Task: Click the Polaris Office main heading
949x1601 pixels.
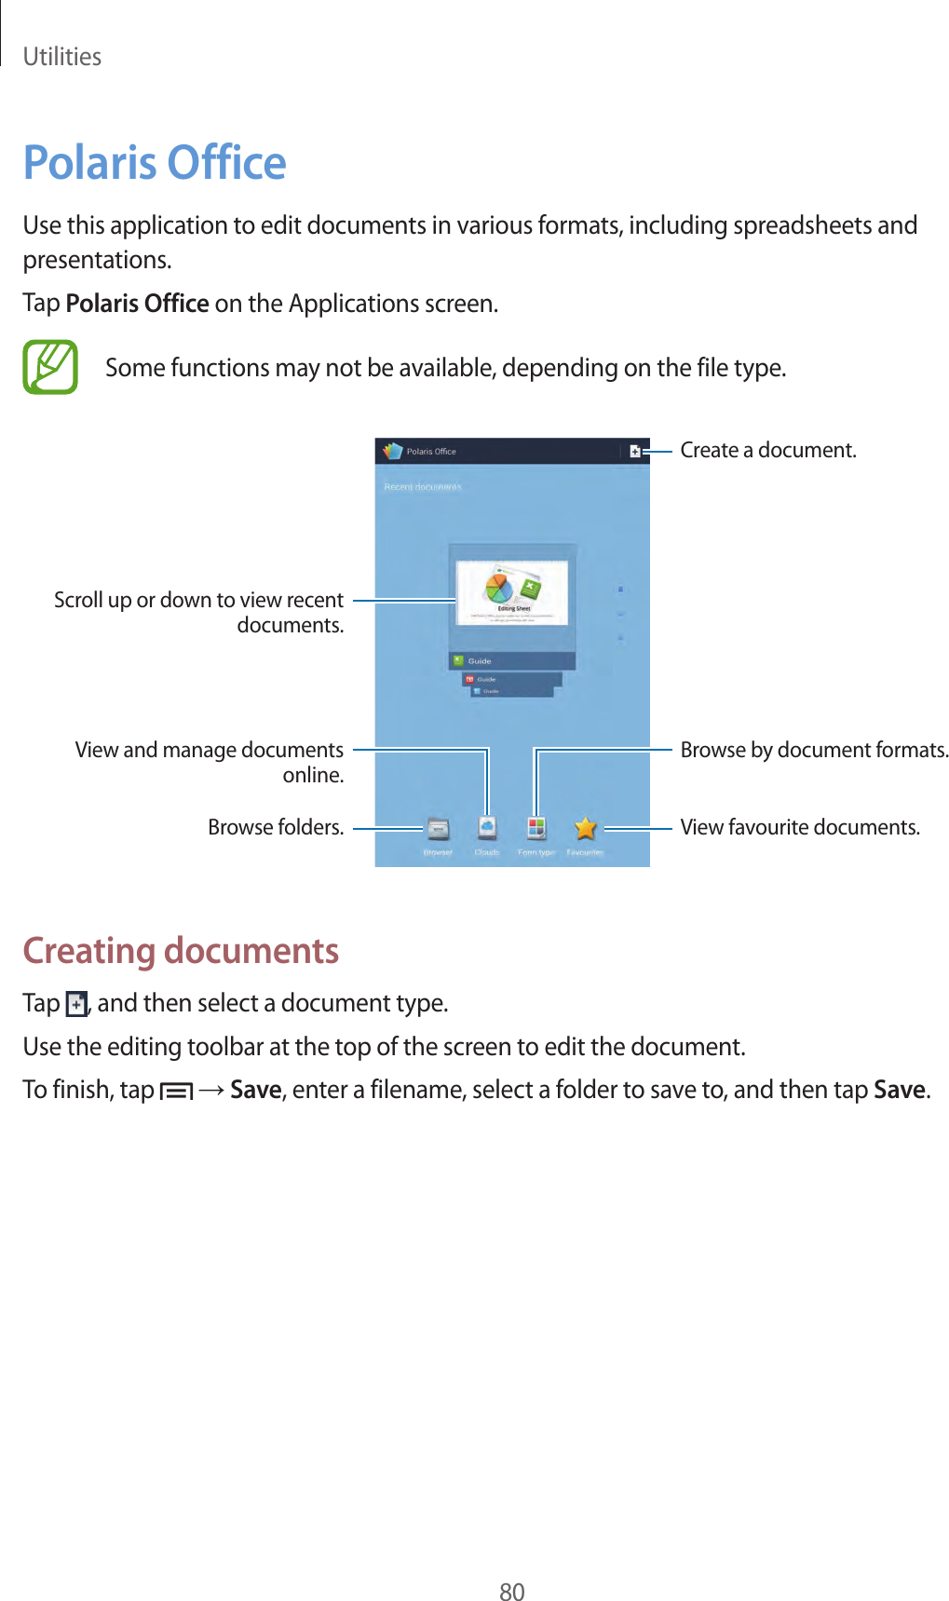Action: pos(155,163)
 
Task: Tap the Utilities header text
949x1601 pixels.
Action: pos(61,57)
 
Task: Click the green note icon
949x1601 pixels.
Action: pos(50,367)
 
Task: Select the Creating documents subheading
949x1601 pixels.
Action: pos(181,951)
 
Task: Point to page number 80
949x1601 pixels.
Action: pos(512,1592)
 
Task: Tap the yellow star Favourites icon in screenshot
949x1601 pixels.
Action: pos(585,828)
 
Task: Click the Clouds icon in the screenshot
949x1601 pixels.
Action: pos(487,828)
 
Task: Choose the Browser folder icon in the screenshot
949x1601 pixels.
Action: pos(438,828)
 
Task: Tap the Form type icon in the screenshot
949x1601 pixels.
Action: pos(536,828)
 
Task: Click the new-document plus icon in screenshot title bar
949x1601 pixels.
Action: pos(634,452)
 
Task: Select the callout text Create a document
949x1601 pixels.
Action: pos(767,451)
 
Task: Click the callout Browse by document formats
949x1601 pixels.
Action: pos(814,751)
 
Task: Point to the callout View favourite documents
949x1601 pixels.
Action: pos(799,828)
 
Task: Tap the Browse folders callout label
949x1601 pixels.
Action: pos(276,828)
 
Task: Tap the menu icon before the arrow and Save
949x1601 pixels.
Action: pos(176,1091)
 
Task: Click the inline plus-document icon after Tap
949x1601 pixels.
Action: pos(76,1004)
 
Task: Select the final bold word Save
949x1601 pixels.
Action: pos(899,1090)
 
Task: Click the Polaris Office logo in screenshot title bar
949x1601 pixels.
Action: pos(393,452)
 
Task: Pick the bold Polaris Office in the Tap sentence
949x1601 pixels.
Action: pos(137,304)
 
